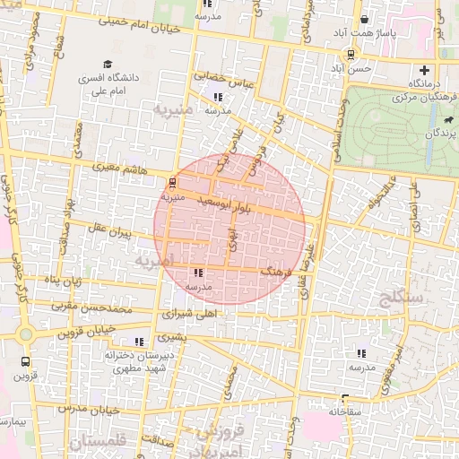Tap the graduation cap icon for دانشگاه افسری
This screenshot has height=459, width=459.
click(x=108, y=65)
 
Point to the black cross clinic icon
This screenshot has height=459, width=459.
click(x=424, y=70)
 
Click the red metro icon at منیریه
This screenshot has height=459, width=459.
click(x=172, y=182)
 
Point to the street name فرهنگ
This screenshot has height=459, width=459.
click(x=271, y=269)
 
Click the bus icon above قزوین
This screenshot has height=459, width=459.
click(x=25, y=362)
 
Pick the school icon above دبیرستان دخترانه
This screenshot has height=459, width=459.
click(x=139, y=342)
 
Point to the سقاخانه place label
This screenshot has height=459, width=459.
click(x=324, y=411)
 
